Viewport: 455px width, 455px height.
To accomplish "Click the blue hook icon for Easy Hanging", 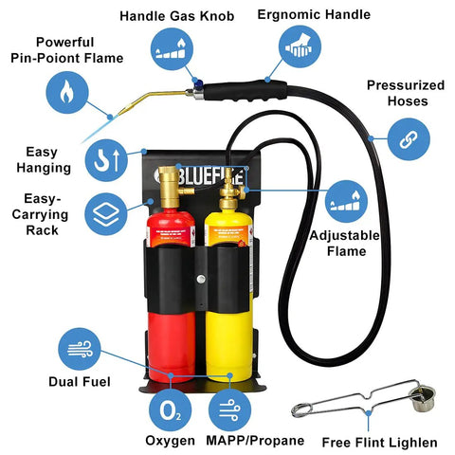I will (105, 157).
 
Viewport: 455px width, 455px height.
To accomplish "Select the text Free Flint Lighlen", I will (379, 442).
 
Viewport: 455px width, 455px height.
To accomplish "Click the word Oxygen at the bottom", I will (171, 441).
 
